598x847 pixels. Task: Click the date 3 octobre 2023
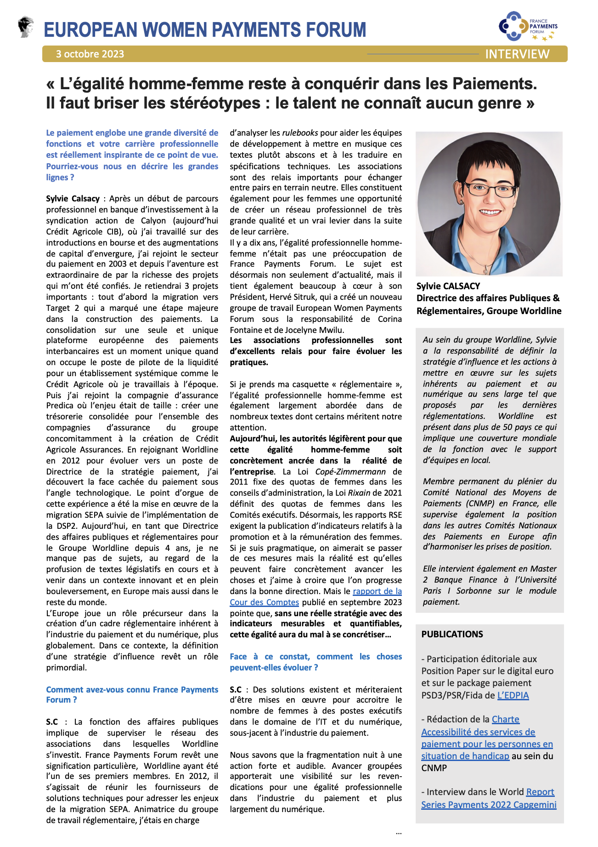90,54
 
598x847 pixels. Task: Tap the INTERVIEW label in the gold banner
517,54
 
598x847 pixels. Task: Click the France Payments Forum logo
528,26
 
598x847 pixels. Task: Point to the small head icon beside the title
26,26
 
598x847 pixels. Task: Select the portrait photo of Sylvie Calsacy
489,204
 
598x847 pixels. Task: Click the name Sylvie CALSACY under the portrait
448,286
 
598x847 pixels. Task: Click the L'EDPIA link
513,695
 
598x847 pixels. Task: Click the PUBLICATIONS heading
452,634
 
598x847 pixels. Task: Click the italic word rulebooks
300,133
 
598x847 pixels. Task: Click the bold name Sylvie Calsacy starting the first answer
73,199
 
